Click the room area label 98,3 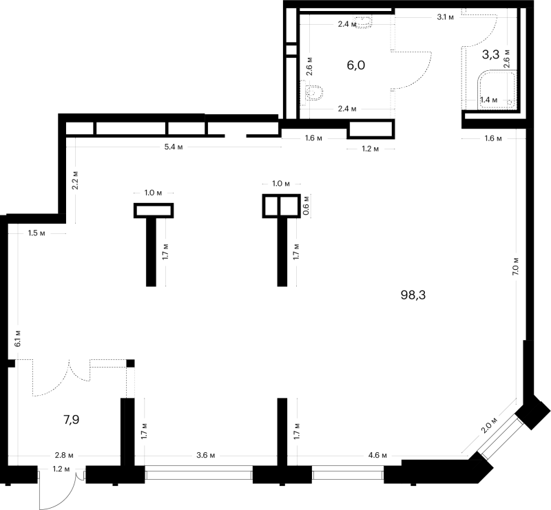pos(413,295)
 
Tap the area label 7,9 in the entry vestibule pos(72,419)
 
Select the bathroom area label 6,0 pos(356,65)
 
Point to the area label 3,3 pos(490,54)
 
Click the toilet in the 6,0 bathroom pos(313,93)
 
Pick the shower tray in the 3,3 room pos(497,89)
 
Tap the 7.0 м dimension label pos(515,266)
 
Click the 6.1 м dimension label pos(18,338)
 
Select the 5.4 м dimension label pos(174,147)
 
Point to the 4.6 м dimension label pos(377,455)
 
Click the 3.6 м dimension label pos(205,455)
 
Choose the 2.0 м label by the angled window pos(489,425)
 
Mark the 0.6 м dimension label pos(306,209)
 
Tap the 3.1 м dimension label pos(445,17)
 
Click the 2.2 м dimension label pos(74,180)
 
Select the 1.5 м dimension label pos(37,233)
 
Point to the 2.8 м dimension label pos(64,455)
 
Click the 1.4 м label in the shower pos(489,100)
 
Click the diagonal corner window pos(499,436)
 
